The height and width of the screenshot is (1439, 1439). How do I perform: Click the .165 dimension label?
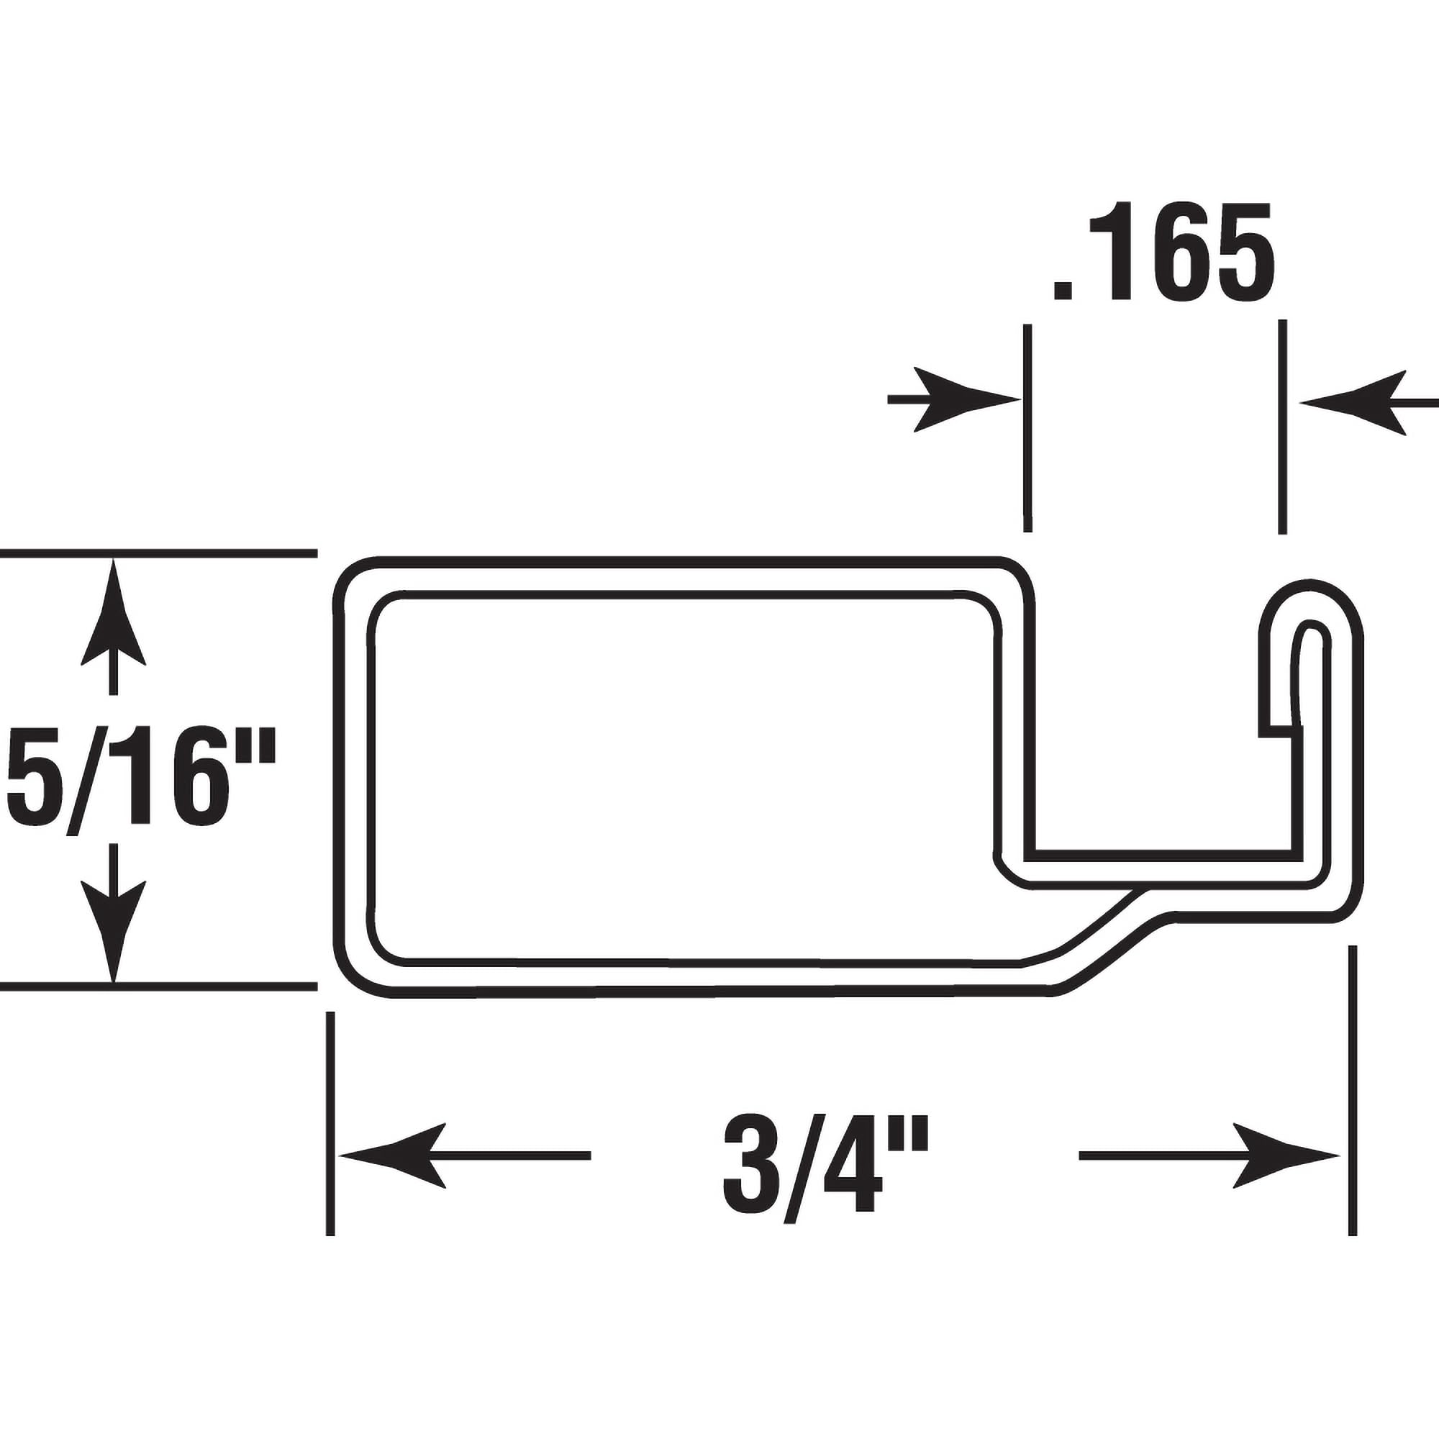(x=1163, y=252)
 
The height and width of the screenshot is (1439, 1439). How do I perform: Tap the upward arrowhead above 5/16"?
(x=113, y=611)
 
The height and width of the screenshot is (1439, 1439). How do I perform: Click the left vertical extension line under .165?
(x=1028, y=428)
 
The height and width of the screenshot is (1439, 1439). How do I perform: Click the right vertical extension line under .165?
(x=1282, y=428)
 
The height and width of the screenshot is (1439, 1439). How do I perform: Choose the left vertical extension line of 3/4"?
(x=331, y=1117)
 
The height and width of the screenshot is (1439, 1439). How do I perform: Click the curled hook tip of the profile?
(x=1311, y=604)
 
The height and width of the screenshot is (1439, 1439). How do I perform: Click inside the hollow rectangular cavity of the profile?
(x=685, y=775)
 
